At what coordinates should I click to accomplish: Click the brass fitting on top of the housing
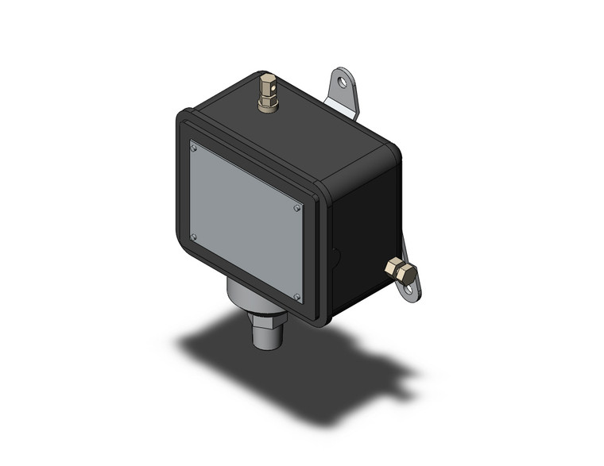267,94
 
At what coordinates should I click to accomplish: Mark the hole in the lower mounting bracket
410,291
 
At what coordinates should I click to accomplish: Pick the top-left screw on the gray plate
193,146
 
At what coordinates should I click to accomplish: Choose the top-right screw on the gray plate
296,208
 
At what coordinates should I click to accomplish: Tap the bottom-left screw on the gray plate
194,236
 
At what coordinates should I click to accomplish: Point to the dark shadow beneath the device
302,373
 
